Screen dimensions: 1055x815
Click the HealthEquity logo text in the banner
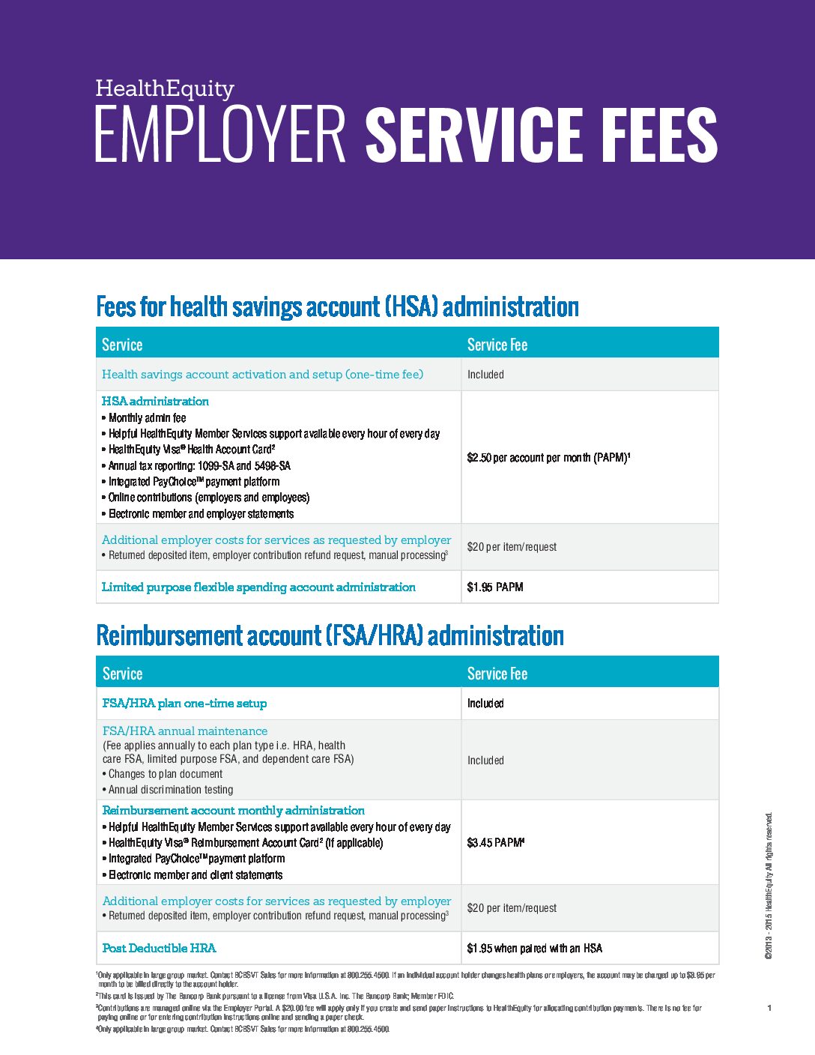pos(165,88)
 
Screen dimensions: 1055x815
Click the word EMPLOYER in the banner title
pos(219,135)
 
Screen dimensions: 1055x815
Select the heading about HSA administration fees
pos(337,306)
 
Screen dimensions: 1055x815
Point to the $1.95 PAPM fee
pos(495,587)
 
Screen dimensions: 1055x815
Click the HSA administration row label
pos(155,401)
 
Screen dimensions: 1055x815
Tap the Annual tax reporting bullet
pos(199,465)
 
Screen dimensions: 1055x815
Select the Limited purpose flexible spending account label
pos(258,587)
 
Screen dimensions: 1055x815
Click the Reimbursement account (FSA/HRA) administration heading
pos(330,635)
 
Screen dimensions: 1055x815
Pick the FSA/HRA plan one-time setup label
pos(184,703)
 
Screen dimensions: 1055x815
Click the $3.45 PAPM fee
pos(495,842)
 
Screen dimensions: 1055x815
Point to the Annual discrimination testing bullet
pos(171,789)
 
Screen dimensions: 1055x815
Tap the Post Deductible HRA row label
pos(159,948)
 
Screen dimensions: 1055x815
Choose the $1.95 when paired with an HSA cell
pos(534,948)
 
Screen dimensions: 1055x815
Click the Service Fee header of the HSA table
pos(497,345)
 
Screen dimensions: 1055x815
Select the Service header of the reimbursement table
pos(122,674)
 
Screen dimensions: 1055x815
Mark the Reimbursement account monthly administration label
pos(233,810)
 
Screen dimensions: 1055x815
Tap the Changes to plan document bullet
pos(166,773)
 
